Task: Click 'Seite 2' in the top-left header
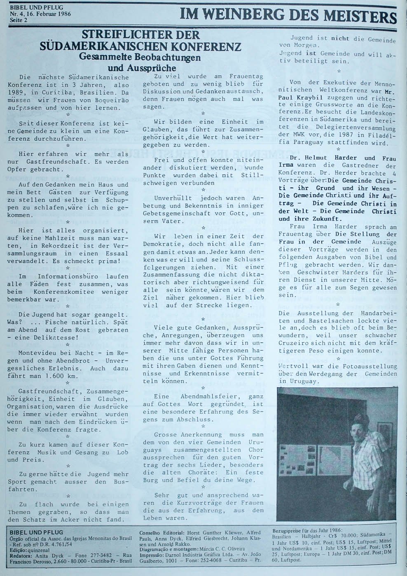pos(18,19)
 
